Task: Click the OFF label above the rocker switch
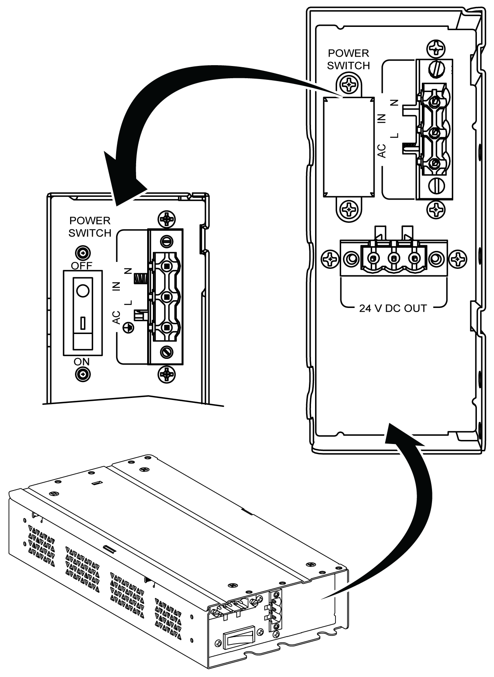coord(82,266)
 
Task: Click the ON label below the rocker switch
coord(82,362)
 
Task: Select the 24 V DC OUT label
coord(393,308)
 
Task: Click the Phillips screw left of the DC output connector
coord(329,258)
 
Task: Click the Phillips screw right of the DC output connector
coord(458,258)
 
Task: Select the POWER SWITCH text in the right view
coord(348,59)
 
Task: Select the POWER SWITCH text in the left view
coord(90,227)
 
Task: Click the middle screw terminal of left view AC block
coord(166,297)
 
